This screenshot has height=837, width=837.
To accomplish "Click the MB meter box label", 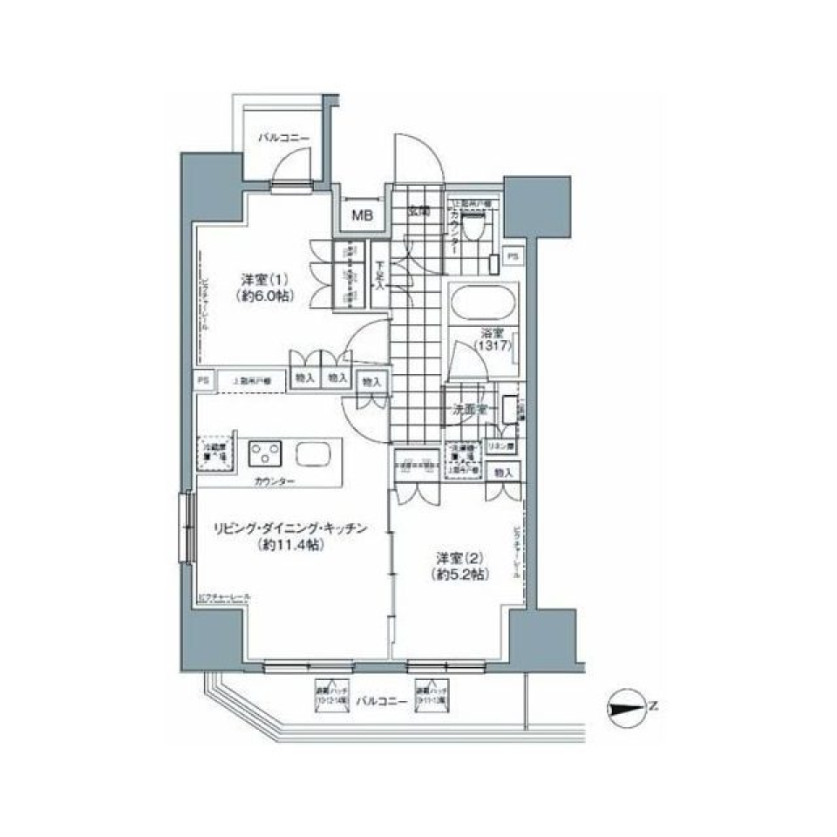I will click(359, 214).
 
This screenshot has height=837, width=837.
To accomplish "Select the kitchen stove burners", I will click(267, 453).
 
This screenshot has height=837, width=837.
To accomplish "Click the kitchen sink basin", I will click(312, 453).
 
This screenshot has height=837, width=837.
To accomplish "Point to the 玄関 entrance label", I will click(418, 210).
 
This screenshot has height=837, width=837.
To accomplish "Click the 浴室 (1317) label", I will click(492, 340).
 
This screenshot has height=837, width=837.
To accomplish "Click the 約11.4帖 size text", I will click(291, 545).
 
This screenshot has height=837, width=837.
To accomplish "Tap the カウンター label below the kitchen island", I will click(275, 481).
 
